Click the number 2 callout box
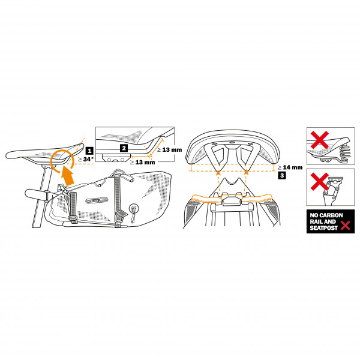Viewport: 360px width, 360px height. pos(124,147)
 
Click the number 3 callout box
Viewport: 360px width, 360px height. pos(281,175)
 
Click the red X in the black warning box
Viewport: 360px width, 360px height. pos(344,226)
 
